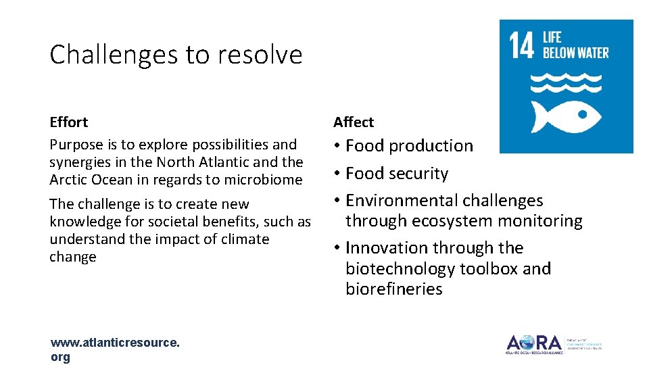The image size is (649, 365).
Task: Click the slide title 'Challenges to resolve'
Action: [x=176, y=55]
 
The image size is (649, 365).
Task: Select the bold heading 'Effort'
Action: [x=68, y=122]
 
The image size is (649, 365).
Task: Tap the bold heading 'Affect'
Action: [x=353, y=122]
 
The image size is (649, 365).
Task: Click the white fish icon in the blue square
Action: [x=566, y=117]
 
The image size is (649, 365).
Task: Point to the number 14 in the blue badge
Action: [x=522, y=45]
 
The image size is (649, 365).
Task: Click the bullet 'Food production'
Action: [x=409, y=146]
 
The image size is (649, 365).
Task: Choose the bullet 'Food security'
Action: [x=397, y=174]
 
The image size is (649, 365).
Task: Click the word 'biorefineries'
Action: [x=393, y=289]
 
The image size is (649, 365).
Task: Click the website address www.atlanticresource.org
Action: [x=115, y=349]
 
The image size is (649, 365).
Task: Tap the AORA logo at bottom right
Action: [x=534, y=343]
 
